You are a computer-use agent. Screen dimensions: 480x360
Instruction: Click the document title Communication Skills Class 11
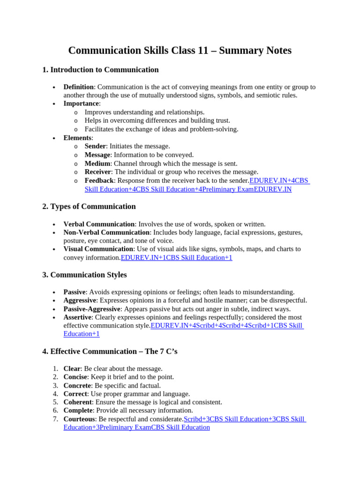click(x=180, y=50)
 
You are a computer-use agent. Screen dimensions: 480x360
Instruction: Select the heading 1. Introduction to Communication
click(x=100, y=70)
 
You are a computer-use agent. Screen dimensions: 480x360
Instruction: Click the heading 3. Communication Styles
click(x=84, y=275)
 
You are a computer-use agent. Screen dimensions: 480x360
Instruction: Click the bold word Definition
click(x=79, y=87)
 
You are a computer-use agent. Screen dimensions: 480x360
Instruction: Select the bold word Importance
click(x=81, y=104)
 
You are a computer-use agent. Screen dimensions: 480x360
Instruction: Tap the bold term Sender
click(x=95, y=146)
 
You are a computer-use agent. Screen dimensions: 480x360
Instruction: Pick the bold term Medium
click(x=97, y=164)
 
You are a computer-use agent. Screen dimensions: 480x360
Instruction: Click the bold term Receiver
click(x=97, y=172)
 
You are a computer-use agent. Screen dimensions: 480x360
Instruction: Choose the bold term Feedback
click(x=99, y=180)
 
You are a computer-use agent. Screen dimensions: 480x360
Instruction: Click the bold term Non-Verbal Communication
click(x=106, y=232)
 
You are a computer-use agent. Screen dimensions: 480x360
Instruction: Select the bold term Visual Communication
click(x=98, y=249)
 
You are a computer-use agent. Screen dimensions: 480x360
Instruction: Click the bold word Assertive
click(x=77, y=317)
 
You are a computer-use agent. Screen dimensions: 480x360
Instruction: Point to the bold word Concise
click(x=75, y=377)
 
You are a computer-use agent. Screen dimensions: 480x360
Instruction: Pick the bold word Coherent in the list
click(x=77, y=402)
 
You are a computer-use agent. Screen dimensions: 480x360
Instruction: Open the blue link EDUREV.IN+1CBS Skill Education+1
click(x=176, y=258)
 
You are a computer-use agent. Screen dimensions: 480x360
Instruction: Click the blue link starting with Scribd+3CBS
click(x=244, y=419)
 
